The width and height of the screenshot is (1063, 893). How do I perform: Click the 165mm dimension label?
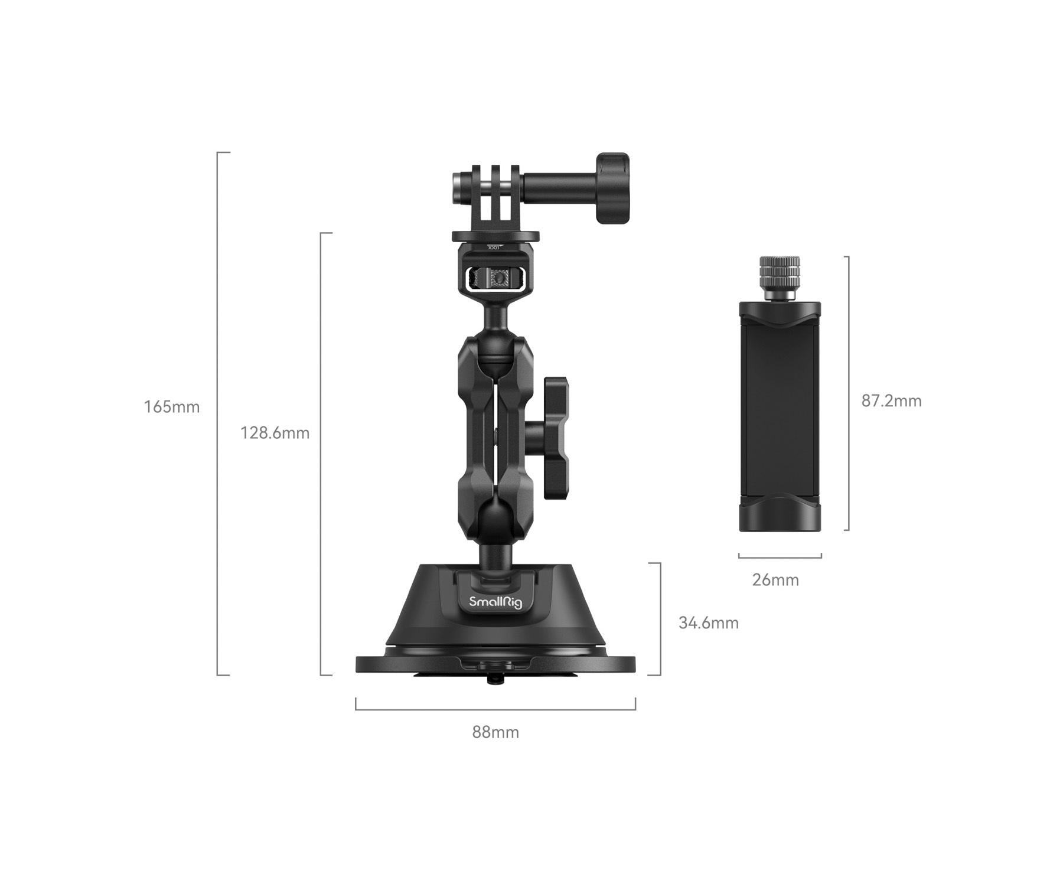172,407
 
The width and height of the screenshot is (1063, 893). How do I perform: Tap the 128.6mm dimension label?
275,433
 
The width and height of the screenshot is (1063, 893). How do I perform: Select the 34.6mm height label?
708,623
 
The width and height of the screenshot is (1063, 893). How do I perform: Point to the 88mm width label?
495,732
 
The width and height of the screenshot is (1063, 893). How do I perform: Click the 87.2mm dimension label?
891,401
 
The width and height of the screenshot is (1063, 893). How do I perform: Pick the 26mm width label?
775,580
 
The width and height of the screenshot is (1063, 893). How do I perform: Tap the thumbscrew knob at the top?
612,189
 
